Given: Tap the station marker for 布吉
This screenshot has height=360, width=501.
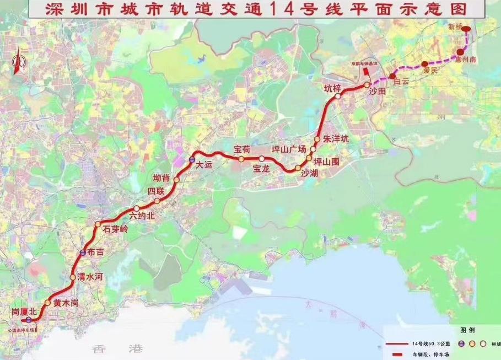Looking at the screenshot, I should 83,252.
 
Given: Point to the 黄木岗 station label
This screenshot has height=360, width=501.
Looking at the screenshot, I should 66,303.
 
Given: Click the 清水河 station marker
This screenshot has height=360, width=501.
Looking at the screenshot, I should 72,277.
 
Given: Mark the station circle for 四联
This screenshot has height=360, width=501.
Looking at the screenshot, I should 157,201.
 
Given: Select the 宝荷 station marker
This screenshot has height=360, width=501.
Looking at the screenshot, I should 241,159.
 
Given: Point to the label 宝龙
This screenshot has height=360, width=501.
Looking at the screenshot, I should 261,169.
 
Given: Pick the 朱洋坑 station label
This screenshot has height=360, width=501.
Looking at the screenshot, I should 336,139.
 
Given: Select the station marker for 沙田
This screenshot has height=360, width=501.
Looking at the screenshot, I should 367,84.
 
